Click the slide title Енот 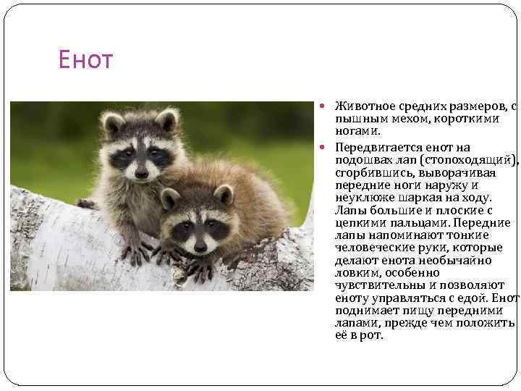click(86, 60)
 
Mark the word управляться click(415, 298)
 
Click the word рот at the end click(371, 335)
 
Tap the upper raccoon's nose click(141, 172)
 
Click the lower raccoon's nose click(200, 246)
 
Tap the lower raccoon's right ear click(224, 194)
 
